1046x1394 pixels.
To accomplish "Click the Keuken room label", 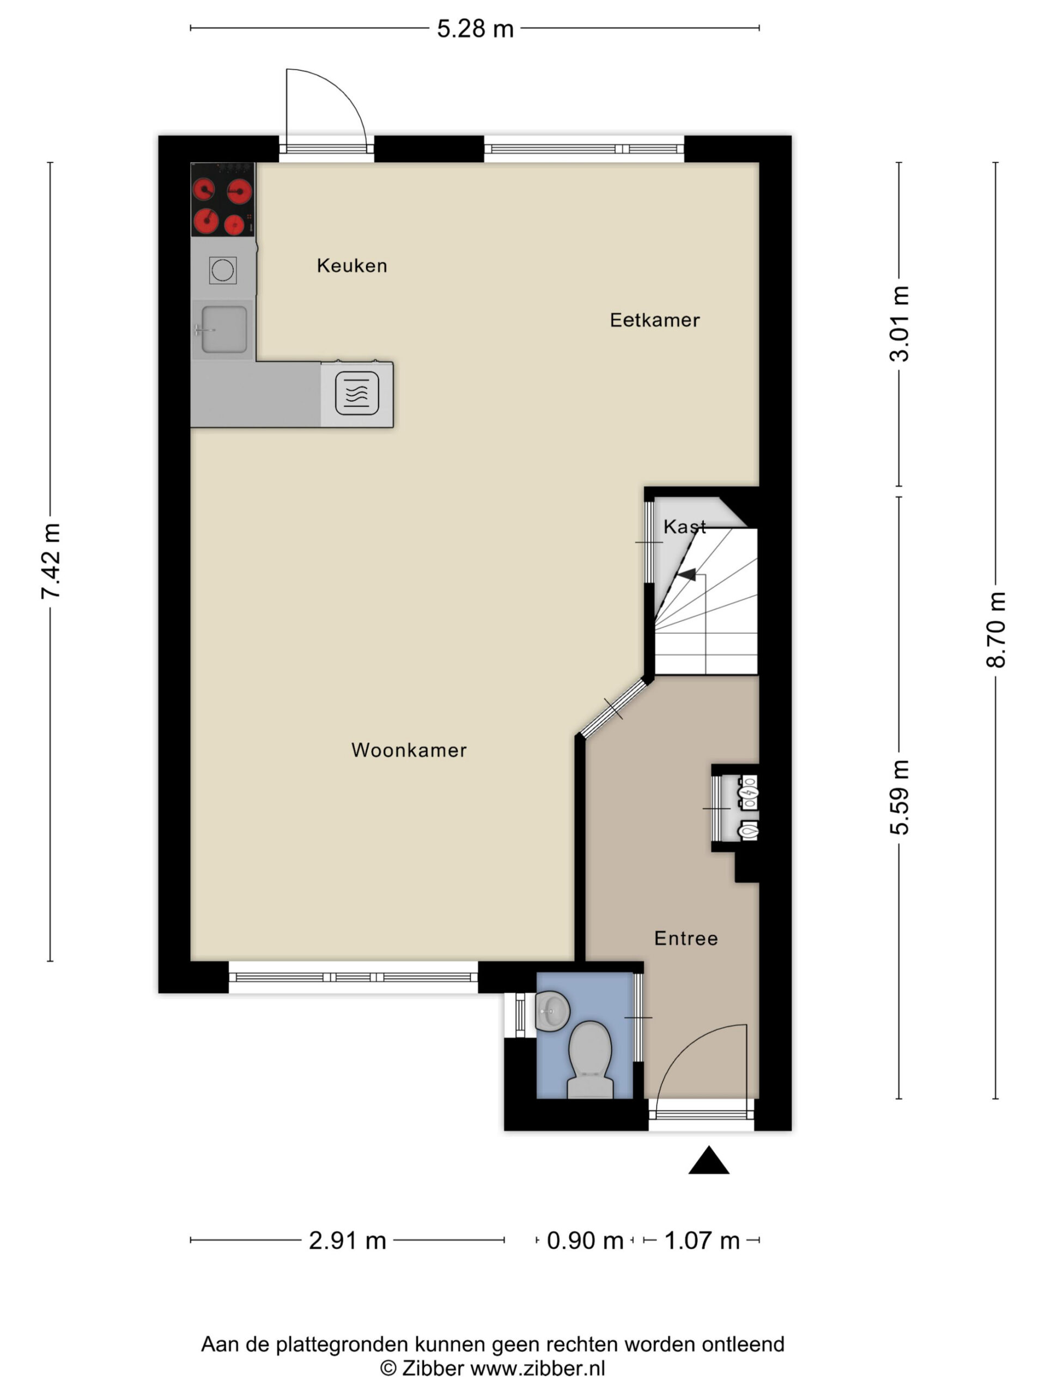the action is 352,265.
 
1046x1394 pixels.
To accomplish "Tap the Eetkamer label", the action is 654,320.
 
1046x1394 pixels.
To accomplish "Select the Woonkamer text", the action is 409,750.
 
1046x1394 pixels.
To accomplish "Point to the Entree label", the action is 686,938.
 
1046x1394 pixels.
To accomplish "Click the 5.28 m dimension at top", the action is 476,29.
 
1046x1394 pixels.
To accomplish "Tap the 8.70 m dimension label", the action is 996,630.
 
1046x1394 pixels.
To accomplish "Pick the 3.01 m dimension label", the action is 900,324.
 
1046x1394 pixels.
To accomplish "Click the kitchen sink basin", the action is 224,329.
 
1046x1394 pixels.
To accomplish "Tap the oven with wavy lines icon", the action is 357,393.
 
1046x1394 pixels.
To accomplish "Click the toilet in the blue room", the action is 590,1060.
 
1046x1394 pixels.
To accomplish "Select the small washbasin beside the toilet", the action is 552,1012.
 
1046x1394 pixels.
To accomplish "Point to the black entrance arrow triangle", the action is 709,1160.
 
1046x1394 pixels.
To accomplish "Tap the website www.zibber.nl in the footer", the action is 538,1368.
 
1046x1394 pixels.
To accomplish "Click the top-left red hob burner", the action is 204,189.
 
